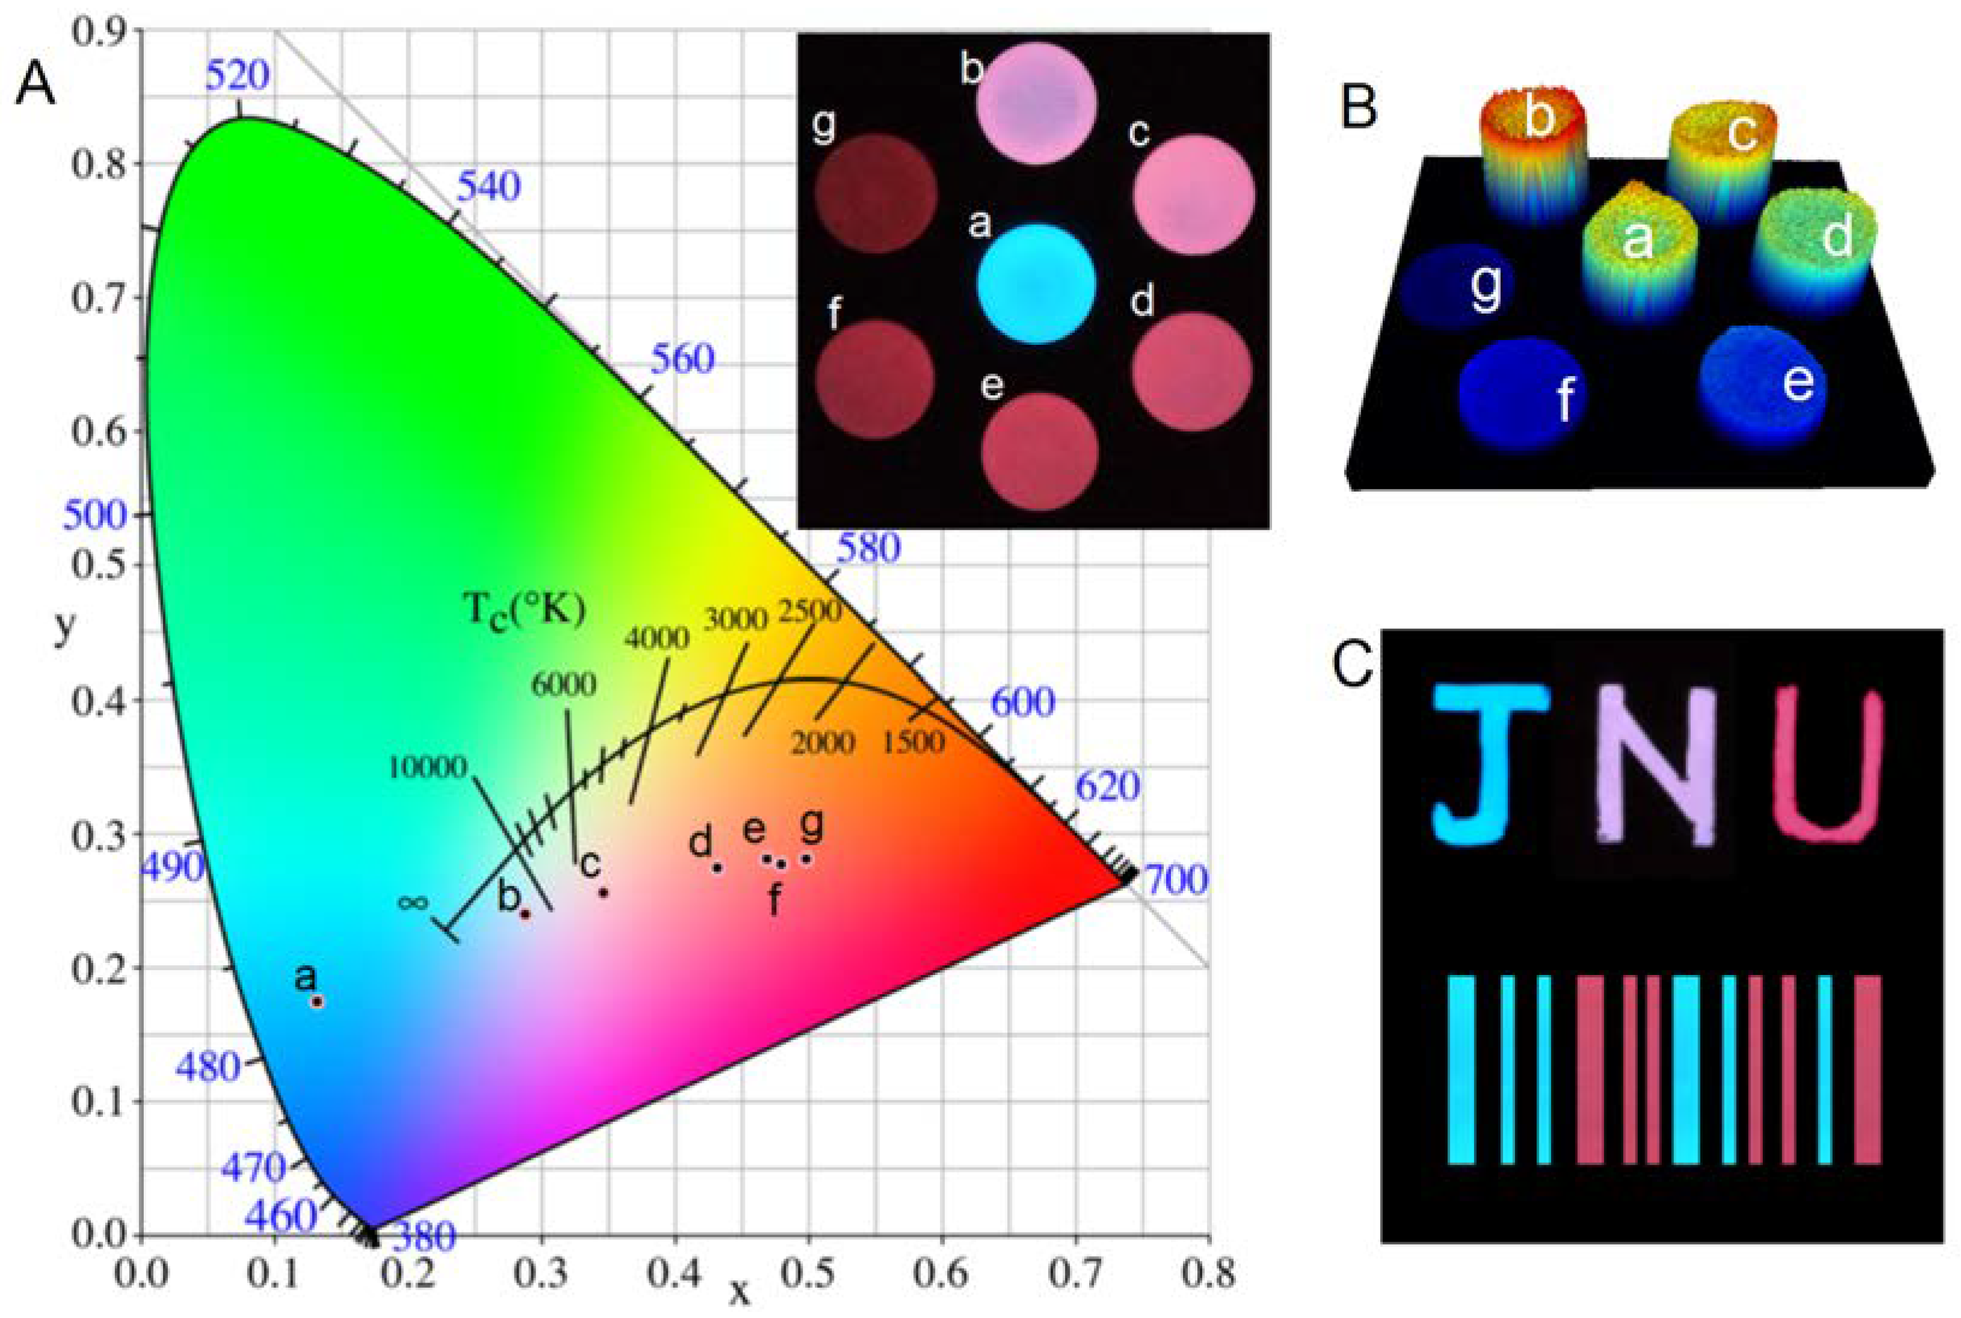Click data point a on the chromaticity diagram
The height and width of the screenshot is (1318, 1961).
pyautogui.click(x=317, y=1001)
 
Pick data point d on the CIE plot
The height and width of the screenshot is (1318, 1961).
pyautogui.click(x=717, y=867)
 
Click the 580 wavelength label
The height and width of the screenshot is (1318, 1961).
pyautogui.click(x=867, y=549)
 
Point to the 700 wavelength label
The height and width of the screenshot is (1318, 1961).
pyautogui.click(x=1176, y=880)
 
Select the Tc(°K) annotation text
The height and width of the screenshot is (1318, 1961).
pyautogui.click(x=523, y=608)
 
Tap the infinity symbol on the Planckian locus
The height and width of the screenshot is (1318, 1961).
pyautogui.click(x=413, y=903)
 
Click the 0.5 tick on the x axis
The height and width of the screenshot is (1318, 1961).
pyautogui.click(x=808, y=1274)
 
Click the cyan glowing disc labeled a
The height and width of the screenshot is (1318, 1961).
pyautogui.click(x=1037, y=283)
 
